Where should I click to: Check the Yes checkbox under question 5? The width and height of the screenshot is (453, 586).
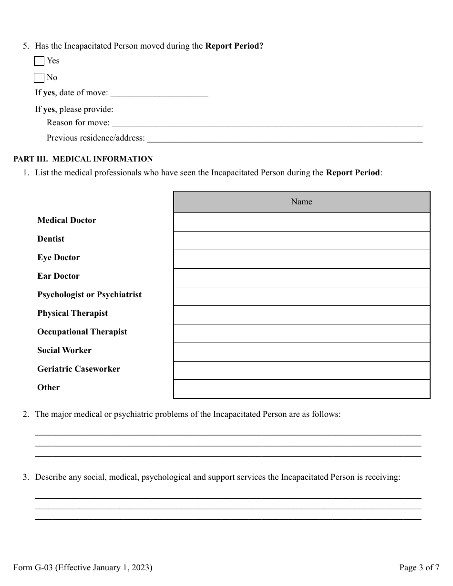40,61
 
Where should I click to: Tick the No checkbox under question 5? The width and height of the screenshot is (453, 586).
40,78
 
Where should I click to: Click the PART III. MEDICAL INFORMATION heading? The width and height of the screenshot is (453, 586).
83,159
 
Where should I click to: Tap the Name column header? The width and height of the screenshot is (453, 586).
301,202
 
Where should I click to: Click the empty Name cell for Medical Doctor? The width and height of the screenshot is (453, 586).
301,222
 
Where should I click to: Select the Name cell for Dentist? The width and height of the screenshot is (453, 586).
301,241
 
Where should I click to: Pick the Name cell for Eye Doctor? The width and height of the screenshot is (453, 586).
301,259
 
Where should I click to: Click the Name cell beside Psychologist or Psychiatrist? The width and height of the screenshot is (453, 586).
301,296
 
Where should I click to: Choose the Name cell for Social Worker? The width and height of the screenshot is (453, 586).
301,352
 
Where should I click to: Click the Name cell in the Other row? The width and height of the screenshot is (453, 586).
301,389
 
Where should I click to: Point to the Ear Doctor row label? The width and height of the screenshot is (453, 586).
59,276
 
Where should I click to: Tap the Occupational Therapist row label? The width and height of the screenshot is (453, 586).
82,332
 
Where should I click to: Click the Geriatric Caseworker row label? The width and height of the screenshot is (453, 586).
79,369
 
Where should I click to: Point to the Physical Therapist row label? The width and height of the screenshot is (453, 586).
72,313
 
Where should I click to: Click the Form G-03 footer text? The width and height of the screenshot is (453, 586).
83,567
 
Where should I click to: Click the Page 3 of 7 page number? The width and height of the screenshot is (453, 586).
419,567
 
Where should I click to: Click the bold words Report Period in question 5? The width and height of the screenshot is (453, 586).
234,46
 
